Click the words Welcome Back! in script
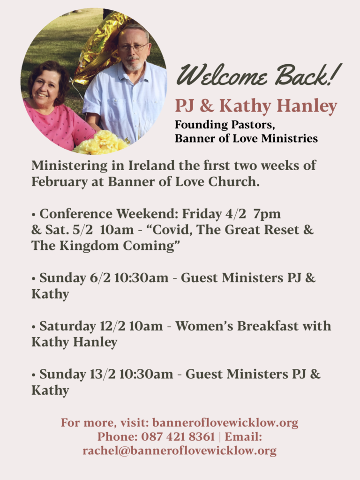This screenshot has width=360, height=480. pyautogui.click(x=259, y=75)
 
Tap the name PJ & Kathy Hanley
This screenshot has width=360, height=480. pyautogui.click(x=256, y=106)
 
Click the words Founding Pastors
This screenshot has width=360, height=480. pyautogui.click(x=225, y=125)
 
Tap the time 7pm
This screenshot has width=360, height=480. pyautogui.click(x=267, y=214)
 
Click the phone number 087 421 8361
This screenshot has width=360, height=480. pyautogui.click(x=178, y=437)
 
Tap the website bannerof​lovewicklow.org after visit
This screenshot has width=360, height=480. pyautogui.click(x=225, y=423)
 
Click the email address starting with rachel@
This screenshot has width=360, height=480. pyautogui.click(x=180, y=450)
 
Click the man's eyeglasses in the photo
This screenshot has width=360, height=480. pyautogui.click(x=134, y=47)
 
